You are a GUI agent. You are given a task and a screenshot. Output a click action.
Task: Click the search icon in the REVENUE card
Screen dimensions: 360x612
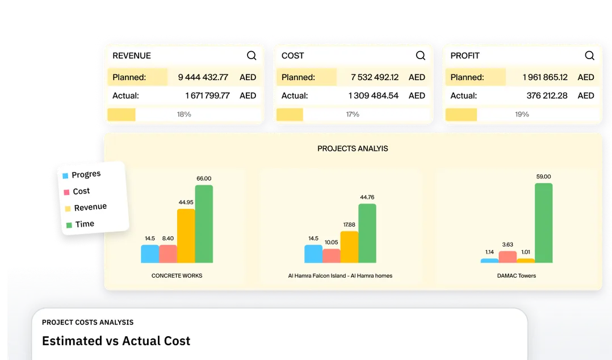(251, 56)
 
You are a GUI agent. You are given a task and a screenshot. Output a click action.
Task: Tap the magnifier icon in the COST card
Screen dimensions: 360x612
(421, 56)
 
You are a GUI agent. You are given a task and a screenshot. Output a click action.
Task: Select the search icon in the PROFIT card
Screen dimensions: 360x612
(589, 56)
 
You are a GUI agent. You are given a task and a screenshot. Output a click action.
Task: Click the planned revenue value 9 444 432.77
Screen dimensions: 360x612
(203, 77)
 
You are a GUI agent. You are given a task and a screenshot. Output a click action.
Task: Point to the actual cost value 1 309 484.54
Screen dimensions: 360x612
(374, 95)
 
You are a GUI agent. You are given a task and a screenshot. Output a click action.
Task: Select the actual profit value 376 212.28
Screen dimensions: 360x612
(547, 95)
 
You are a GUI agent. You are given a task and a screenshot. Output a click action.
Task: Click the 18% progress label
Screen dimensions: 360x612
(184, 114)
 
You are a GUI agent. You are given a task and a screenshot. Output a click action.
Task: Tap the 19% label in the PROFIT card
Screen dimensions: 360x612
(522, 114)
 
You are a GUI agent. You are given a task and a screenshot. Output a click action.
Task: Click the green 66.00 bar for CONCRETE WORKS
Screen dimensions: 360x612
(204, 224)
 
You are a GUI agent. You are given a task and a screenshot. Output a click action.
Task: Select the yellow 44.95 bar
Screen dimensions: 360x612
(186, 236)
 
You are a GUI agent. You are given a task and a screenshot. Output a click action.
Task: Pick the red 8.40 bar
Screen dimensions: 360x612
(168, 254)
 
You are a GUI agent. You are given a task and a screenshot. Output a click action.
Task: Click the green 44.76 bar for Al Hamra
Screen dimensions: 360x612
(367, 233)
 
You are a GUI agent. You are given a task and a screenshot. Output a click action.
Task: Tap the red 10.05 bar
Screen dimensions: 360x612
(331, 256)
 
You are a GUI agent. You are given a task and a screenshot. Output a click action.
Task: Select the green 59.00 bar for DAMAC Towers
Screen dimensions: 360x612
(543, 223)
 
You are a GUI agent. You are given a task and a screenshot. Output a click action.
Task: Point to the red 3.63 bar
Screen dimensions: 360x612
(508, 257)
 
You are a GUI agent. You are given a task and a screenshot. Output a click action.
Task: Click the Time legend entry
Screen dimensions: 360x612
(84, 224)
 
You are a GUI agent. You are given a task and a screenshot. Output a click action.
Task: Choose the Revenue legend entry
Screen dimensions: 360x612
(90, 207)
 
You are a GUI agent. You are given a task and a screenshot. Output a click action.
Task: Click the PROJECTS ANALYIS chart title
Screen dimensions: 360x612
(353, 149)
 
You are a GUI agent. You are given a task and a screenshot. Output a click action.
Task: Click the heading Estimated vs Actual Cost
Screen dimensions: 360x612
(116, 341)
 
